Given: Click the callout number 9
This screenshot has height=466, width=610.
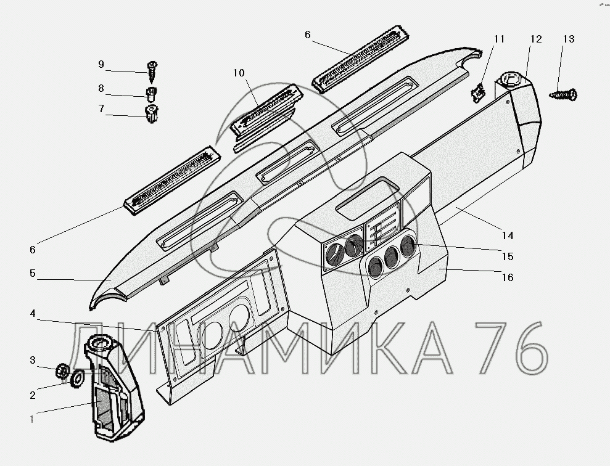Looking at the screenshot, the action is point(101,64).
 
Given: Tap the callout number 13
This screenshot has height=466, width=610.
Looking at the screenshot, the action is point(568,39).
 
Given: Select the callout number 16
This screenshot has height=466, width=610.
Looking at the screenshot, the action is point(507,277).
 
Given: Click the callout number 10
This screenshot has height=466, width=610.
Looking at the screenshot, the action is point(239,73).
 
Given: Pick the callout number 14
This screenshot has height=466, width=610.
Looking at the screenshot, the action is point(507,235).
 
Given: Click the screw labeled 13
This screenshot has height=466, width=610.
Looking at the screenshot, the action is point(562,95).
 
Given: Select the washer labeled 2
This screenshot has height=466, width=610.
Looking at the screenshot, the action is point(78,377).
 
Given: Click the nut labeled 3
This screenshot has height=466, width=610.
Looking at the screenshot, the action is point(61,370).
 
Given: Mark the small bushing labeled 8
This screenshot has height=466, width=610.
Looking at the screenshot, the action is point(150,94).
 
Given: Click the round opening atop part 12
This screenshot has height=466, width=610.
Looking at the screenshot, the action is point(509,80).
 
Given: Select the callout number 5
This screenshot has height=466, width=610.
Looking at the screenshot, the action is point(32,272).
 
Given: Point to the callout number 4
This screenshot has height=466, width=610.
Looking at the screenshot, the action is point(32,314).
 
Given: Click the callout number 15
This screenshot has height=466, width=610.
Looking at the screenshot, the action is point(507,256).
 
